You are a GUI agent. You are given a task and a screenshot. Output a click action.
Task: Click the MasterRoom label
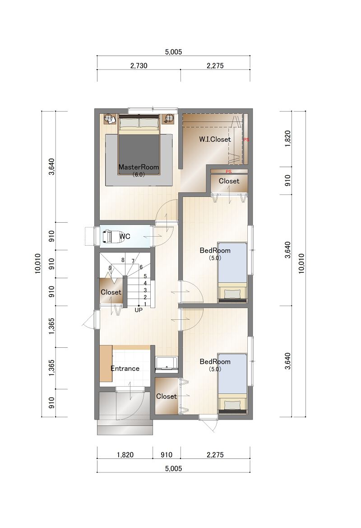139,167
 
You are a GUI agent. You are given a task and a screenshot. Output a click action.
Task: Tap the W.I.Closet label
215,139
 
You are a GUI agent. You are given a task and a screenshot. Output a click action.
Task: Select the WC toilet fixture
109,236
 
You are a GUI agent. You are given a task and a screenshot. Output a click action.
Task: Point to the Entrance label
125,369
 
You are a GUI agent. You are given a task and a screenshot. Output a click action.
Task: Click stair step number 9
110,268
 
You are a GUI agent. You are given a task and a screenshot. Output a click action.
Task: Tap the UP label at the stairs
139,310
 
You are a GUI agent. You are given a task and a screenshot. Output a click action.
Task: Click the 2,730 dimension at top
139,65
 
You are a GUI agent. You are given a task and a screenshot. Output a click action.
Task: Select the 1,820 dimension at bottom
125,454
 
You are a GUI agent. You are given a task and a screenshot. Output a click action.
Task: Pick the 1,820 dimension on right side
287,139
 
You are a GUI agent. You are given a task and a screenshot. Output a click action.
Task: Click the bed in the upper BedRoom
232,272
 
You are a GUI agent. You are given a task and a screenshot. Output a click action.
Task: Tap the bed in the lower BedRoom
232,383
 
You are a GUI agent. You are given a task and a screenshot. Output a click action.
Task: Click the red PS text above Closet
228,171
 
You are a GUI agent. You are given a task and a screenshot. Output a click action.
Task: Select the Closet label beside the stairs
111,292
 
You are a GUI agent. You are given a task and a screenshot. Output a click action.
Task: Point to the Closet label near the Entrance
166,396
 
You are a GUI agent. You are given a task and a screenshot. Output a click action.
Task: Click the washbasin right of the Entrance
166,363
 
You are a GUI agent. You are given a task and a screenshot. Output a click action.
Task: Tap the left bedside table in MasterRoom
109,119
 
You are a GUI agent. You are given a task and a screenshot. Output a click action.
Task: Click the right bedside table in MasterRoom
169,118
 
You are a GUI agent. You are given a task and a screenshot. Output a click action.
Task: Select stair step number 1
145,304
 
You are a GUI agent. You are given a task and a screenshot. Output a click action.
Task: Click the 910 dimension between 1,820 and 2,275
167,454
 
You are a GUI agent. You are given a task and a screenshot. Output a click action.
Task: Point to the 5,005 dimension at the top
173,52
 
